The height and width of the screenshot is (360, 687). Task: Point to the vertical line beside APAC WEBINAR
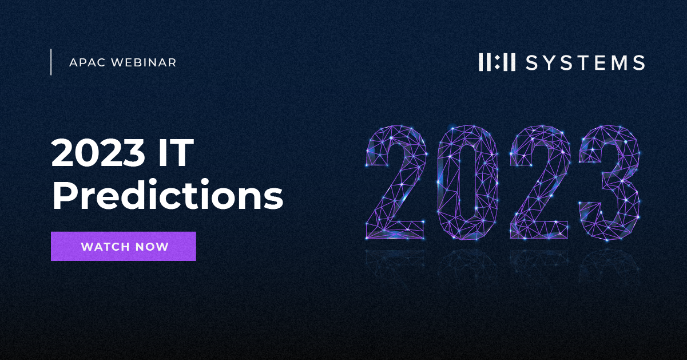[x=51, y=62]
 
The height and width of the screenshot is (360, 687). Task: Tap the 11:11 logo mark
[x=497, y=62]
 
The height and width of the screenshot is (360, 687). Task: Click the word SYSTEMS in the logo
[x=585, y=62]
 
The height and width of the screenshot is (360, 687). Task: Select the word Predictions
[x=168, y=196]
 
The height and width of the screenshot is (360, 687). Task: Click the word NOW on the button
[x=154, y=247]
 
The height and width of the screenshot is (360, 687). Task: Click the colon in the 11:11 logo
[x=497, y=62]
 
